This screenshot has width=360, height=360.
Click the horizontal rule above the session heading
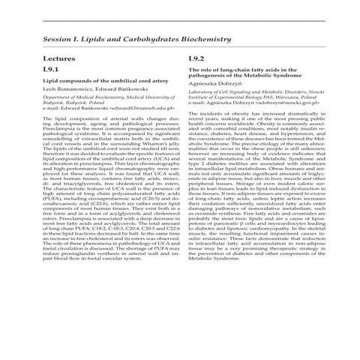pyautogui.click(x=180, y=21)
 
